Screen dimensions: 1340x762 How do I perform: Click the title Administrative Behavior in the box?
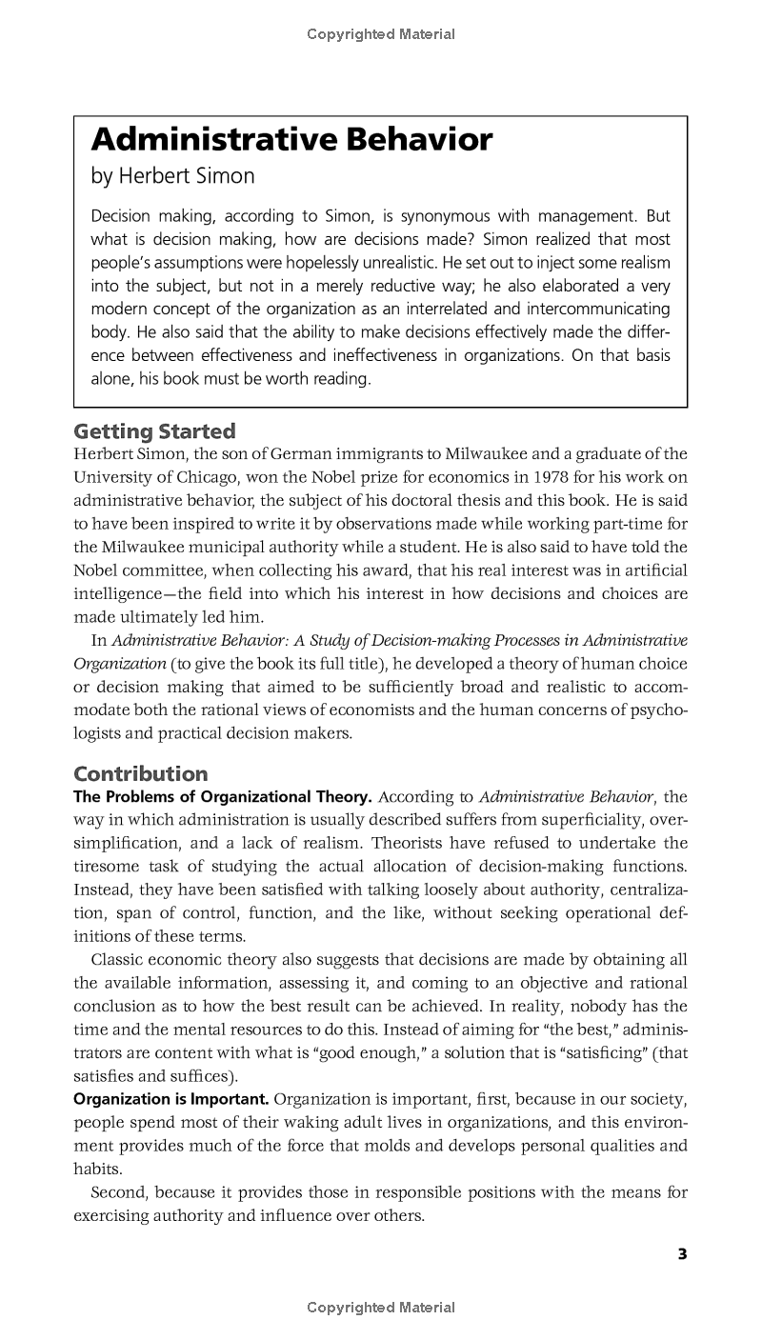pyautogui.click(x=291, y=141)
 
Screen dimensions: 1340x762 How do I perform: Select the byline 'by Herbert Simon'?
pyautogui.click(x=172, y=177)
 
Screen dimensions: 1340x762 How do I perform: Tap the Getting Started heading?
pyautogui.click(x=154, y=430)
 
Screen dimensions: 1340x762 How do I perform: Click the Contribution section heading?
pyautogui.click(x=141, y=773)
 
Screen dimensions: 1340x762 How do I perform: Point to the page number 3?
pyautogui.click(x=682, y=1254)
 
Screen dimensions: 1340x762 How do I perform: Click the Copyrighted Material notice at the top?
pyautogui.click(x=381, y=34)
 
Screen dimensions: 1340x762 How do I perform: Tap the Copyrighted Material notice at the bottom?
pyautogui.click(x=381, y=1308)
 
